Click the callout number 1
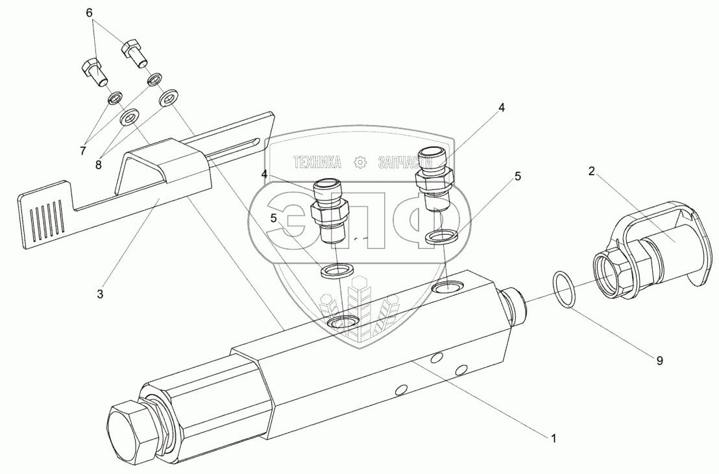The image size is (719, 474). point(553,438)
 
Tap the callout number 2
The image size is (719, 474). point(592,171)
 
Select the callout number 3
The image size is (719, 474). point(100,294)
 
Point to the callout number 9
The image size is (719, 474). point(659,361)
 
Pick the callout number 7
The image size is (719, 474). point(83,151)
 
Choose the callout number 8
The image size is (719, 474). point(99,165)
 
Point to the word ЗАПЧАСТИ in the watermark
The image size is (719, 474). point(404,161)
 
